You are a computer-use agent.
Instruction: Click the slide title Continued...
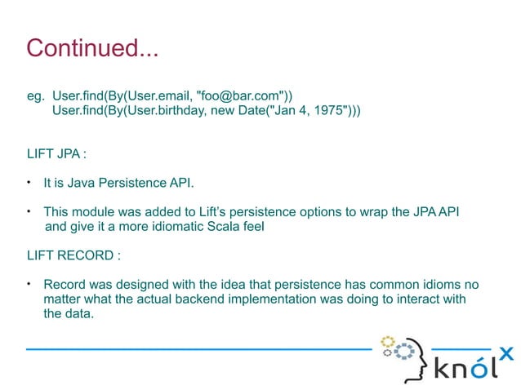(92, 47)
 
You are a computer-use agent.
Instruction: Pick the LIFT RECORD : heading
(73, 255)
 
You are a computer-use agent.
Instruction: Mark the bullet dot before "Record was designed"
(29, 285)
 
